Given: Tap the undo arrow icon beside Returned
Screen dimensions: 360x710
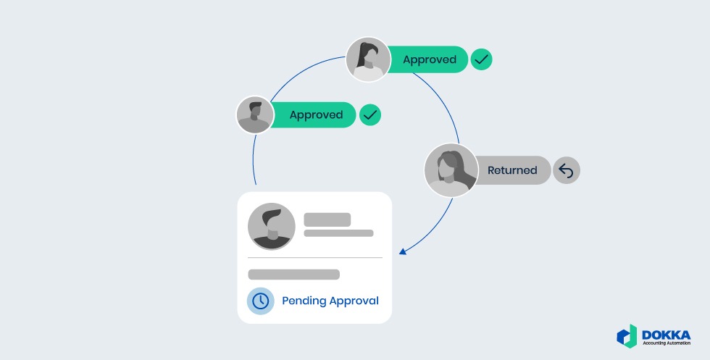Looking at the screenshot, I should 567,170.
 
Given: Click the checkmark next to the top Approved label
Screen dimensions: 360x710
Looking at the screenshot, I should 481,59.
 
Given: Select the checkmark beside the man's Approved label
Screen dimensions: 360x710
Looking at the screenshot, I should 370,114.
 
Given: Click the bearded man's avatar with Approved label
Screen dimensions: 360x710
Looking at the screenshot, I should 254,115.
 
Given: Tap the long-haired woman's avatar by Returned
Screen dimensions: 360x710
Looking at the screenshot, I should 451,170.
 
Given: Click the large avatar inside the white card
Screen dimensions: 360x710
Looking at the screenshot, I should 272,226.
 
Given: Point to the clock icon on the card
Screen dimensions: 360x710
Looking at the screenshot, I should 261,301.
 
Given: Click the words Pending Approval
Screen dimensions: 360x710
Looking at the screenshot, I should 330,301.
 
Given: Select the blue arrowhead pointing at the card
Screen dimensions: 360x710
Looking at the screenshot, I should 403,251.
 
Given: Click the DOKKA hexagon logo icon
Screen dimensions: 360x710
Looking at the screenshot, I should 627,335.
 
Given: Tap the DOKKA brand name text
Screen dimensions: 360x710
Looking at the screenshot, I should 666,332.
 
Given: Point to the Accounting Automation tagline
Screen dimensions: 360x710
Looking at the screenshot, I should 666,343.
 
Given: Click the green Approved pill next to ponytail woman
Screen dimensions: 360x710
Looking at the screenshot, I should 429,59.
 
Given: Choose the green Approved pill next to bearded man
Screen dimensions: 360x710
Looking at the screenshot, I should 316,114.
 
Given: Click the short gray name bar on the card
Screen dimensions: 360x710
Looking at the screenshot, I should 327,219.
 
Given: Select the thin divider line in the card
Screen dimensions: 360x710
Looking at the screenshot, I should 314,257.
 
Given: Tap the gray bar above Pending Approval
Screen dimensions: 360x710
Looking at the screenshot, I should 293,275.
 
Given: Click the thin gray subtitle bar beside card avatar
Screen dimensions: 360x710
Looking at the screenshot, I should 338,233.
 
